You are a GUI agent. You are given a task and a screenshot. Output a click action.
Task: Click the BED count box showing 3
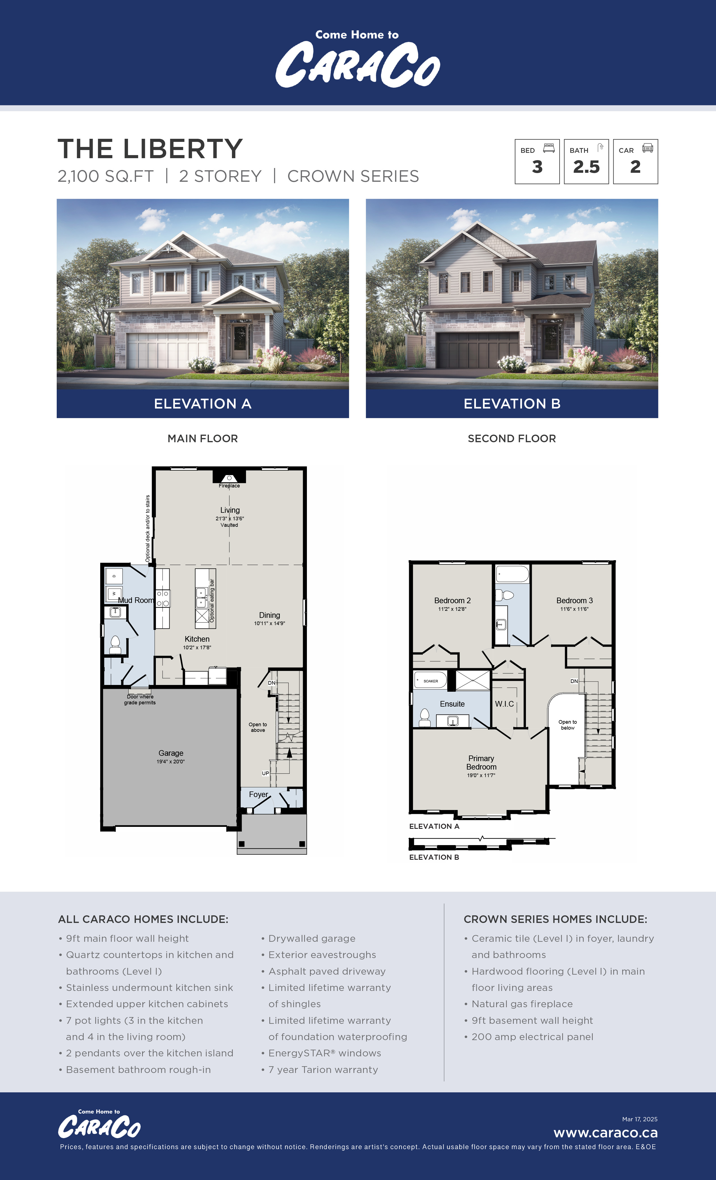point(537,161)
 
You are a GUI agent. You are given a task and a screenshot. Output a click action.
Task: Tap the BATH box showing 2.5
point(586,161)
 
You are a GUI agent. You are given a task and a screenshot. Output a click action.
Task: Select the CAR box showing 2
point(636,161)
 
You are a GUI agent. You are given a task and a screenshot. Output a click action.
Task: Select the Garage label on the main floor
point(171,753)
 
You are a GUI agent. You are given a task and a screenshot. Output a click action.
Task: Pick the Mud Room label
point(136,600)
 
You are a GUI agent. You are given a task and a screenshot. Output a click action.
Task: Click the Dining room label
point(270,615)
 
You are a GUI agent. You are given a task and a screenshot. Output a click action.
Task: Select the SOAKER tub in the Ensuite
point(430,680)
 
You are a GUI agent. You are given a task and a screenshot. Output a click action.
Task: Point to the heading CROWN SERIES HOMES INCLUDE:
point(555,919)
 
